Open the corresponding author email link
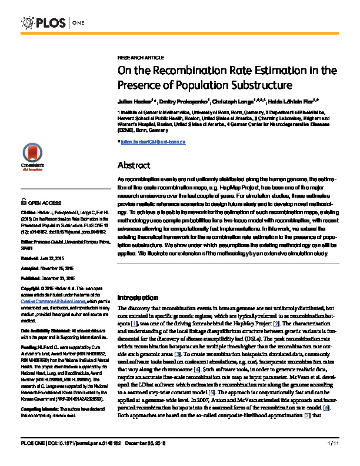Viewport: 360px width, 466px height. (155, 142)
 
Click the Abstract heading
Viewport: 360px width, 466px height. (135, 165)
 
